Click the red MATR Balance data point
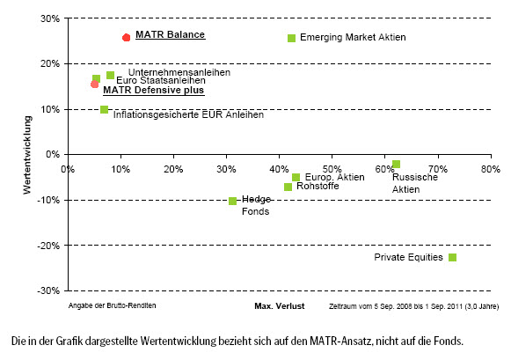click(x=126, y=38)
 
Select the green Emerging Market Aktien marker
click(x=291, y=38)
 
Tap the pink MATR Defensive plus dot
click(x=94, y=84)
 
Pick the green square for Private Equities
click(x=452, y=257)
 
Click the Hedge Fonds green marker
click(x=232, y=201)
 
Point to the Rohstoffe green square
click(x=288, y=187)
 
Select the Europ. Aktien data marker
click(x=296, y=178)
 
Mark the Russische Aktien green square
click(x=396, y=164)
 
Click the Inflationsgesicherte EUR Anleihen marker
click(x=104, y=109)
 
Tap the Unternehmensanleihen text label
click(x=179, y=72)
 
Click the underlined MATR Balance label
click(x=170, y=34)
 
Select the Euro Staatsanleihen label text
click(x=161, y=80)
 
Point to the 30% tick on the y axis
click(x=50, y=18)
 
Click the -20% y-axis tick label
click(x=48, y=246)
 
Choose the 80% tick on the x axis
click(x=491, y=169)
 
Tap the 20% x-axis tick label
click(x=173, y=169)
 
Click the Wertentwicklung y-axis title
click(x=27, y=155)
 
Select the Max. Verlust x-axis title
click(x=280, y=306)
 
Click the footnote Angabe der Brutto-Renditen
click(x=112, y=305)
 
